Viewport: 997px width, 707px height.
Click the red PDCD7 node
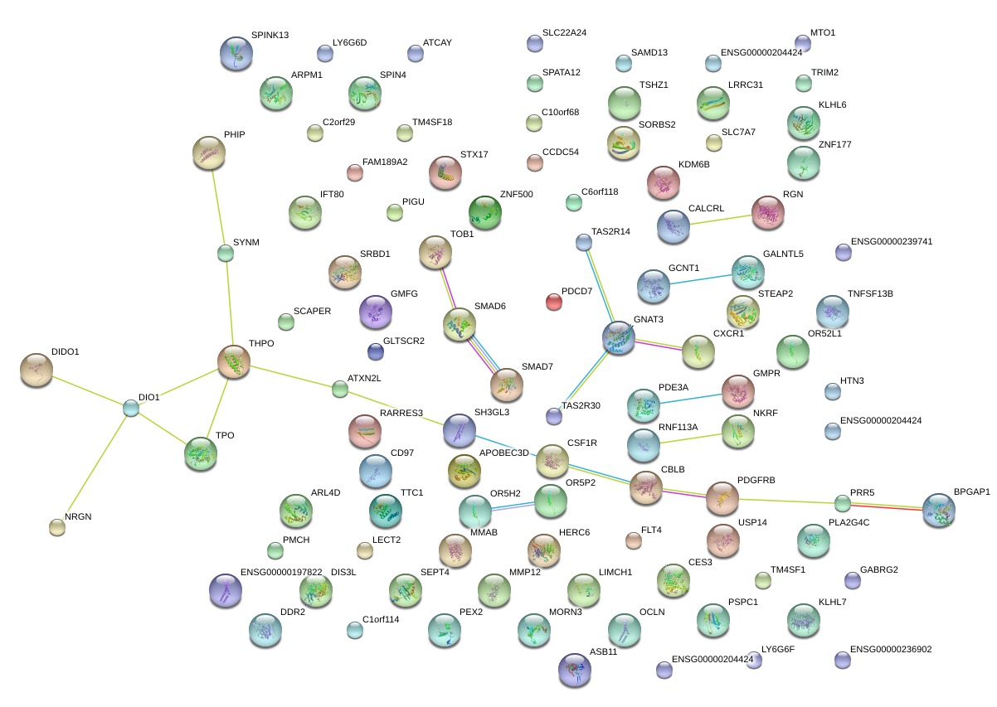click(554, 302)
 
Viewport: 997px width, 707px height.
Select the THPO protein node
click(234, 362)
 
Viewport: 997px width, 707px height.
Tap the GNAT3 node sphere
click(619, 337)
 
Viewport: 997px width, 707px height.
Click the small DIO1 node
click(131, 408)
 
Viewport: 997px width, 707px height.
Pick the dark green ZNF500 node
click(484, 212)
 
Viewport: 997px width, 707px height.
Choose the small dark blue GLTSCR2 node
click(376, 351)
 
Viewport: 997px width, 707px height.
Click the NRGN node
click(57, 526)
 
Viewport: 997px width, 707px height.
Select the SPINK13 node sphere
click(236, 53)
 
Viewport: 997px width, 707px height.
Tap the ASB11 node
click(575, 670)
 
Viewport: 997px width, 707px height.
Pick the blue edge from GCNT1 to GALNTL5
click(700, 278)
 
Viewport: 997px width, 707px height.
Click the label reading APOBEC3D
click(503, 453)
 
